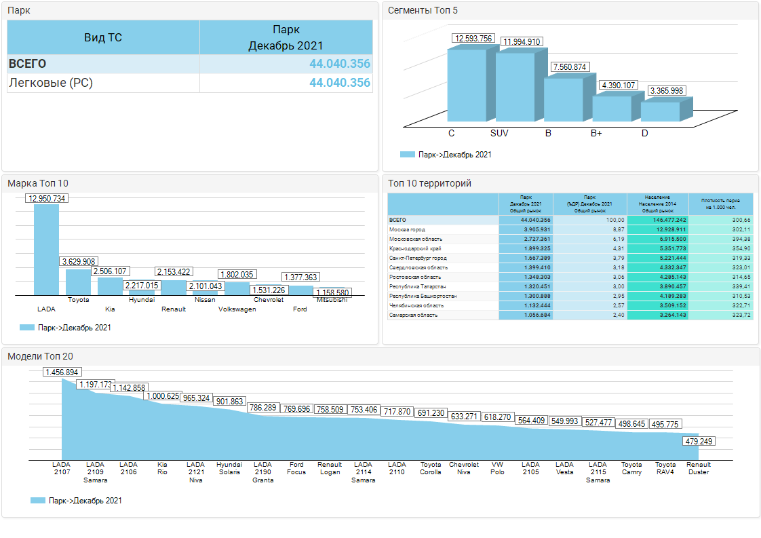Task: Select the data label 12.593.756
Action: [x=474, y=39]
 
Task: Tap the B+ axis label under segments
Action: [x=596, y=134]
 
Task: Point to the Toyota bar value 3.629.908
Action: [x=79, y=261]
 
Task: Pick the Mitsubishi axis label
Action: [x=332, y=299]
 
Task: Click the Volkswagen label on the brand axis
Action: [x=237, y=309]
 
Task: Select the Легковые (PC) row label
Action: [x=51, y=83]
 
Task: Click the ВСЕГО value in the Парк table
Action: [x=340, y=64]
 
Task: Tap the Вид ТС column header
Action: [x=103, y=37]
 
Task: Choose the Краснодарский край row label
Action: [x=414, y=249]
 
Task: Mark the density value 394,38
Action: [x=740, y=239]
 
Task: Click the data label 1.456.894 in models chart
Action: [x=62, y=372]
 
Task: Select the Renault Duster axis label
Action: [x=699, y=469]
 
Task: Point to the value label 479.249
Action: [x=699, y=442]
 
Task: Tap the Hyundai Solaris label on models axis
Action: [x=229, y=469]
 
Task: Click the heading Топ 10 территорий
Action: [x=429, y=183]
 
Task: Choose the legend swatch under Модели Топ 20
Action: [x=38, y=501]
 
